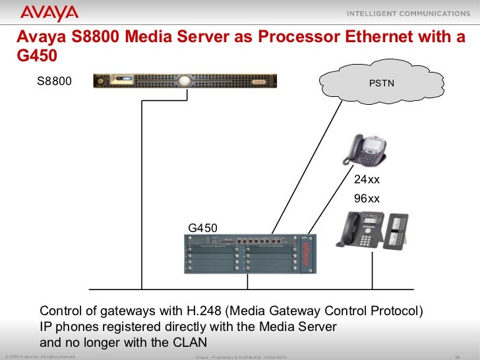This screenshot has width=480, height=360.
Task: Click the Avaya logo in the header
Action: (x=49, y=13)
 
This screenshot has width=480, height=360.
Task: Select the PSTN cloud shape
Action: (x=382, y=83)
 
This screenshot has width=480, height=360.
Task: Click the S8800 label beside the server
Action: (x=53, y=81)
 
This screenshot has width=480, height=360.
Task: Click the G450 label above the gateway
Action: (x=202, y=228)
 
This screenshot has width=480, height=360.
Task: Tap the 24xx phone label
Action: (x=367, y=180)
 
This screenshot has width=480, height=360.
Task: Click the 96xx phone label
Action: (x=367, y=198)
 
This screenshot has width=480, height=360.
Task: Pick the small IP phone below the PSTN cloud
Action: (x=363, y=149)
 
